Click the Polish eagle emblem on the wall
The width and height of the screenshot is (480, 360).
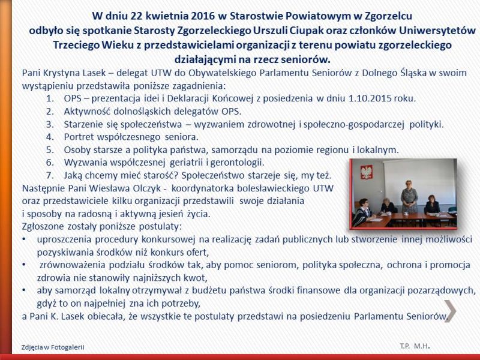pos(364,175)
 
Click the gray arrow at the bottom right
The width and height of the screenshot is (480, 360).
pos(451,310)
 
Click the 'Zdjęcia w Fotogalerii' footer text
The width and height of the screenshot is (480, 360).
pos(53,347)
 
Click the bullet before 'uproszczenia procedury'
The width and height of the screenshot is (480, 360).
pos(23,239)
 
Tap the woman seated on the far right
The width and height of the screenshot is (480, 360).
pos(431,208)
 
